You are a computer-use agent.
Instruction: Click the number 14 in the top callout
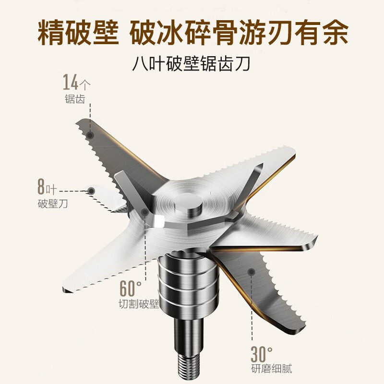click(70, 83)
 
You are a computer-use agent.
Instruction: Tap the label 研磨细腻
click(271, 369)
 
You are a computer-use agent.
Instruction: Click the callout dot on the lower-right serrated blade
click(250, 272)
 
